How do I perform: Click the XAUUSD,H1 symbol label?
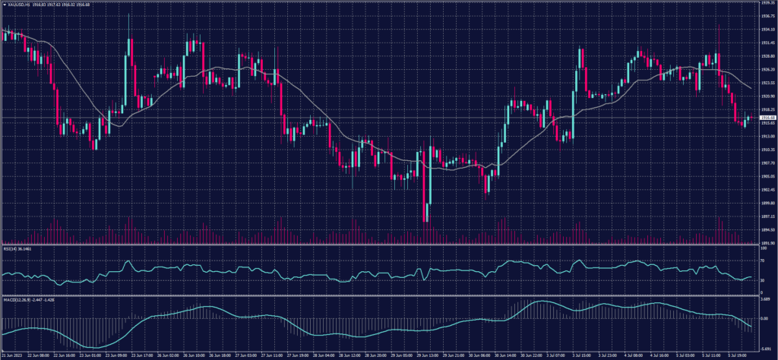click(x=14, y=5)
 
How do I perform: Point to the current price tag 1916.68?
click(x=767, y=118)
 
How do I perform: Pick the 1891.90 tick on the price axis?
click(x=767, y=243)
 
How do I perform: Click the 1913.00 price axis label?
click(x=767, y=137)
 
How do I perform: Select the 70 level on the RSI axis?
click(x=761, y=261)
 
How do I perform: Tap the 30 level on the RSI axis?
click(x=761, y=280)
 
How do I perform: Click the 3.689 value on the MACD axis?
click(x=765, y=300)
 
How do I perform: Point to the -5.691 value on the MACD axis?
click(x=765, y=347)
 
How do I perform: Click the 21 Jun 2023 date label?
click(x=13, y=355)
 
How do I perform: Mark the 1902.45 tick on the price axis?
click(x=767, y=190)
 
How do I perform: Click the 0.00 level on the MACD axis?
click(x=764, y=318)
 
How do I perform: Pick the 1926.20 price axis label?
click(x=767, y=70)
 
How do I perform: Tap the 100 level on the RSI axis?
click(x=762, y=248)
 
